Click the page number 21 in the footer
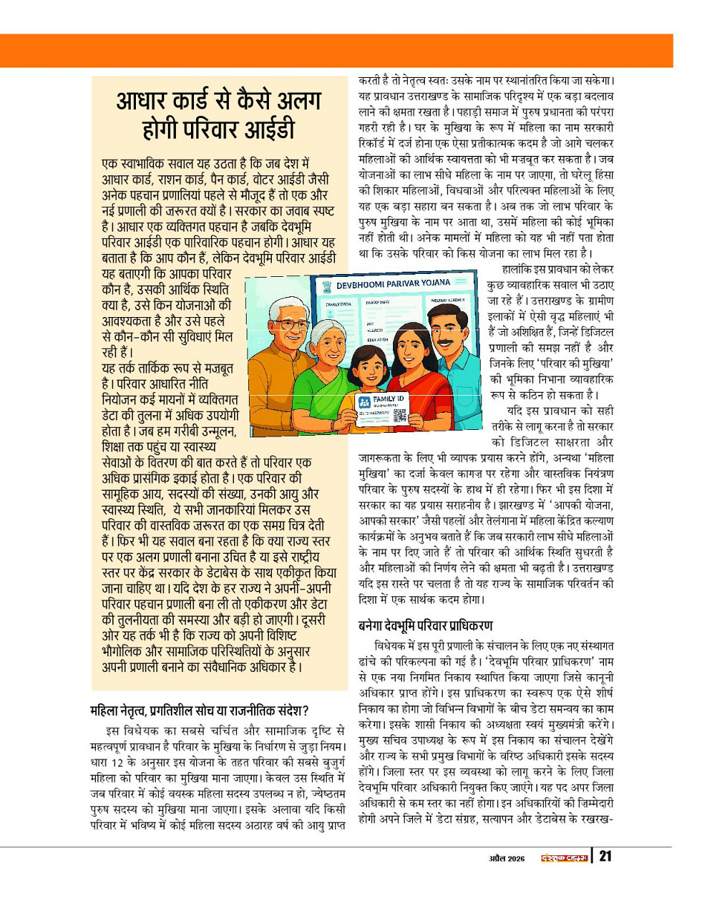point(605,858)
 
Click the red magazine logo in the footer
point(562,858)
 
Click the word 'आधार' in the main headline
point(144,102)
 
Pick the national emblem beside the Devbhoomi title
point(321,287)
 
